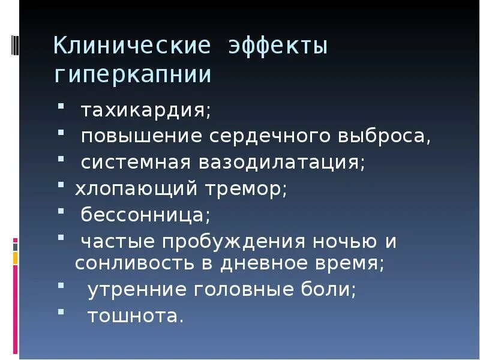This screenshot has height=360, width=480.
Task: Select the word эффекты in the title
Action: tap(278, 46)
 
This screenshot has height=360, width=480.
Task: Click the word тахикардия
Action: tap(146, 111)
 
